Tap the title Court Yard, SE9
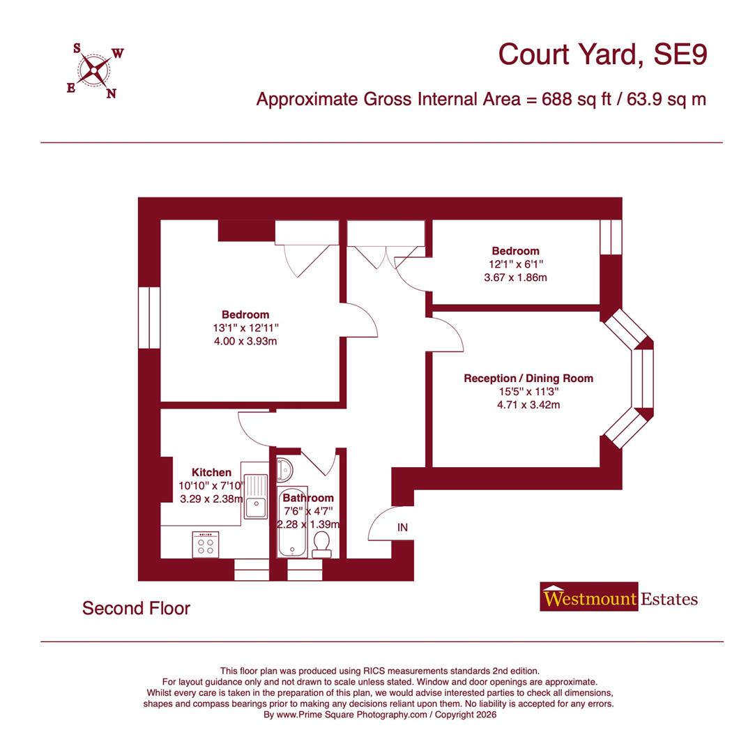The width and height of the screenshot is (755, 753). click(602, 54)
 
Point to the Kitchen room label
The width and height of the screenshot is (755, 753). click(211, 472)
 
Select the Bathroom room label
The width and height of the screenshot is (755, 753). click(307, 498)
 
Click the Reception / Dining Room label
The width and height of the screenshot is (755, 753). click(528, 379)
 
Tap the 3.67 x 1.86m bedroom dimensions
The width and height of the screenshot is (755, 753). click(515, 277)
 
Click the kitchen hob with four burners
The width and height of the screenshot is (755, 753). click(206, 545)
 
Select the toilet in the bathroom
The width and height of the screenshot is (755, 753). click(321, 544)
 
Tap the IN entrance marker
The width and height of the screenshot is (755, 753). click(402, 528)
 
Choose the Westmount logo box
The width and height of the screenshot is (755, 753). click(589, 598)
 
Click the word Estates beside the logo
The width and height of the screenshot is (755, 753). click(669, 598)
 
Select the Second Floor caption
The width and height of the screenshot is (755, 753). click(136, 608)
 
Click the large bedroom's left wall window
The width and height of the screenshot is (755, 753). click(149, 317)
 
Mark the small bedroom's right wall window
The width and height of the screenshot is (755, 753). click(611, 237)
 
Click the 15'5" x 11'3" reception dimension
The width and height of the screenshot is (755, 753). click(528, 392)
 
